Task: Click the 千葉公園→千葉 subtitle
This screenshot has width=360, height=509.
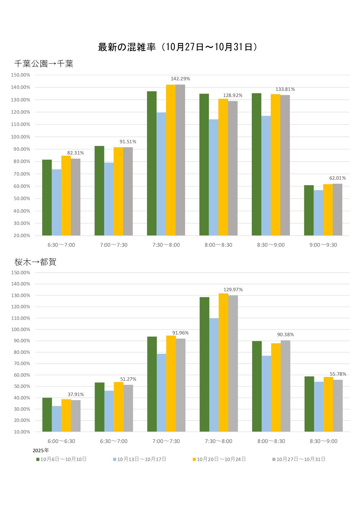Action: [44, 64]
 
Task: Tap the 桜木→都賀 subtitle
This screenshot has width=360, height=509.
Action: [35, 262]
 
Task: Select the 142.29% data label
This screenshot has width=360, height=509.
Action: [180, 79]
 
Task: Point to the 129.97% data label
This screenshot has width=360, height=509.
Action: [233, 290]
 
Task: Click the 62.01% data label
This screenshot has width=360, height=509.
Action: [337, 178]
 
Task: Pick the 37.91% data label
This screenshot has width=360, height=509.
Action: [76, 394]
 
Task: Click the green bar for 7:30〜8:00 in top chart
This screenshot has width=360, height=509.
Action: [152, 163]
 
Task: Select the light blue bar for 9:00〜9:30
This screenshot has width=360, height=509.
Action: [318, 213]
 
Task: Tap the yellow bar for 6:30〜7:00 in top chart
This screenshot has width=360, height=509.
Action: [66, 196]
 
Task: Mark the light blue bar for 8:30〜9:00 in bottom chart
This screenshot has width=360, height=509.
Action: [319, 407]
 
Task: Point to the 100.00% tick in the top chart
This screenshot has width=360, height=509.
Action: [20, 137]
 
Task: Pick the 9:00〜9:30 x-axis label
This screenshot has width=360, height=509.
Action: [323, 245]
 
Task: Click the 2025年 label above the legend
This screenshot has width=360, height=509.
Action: [41, 450]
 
